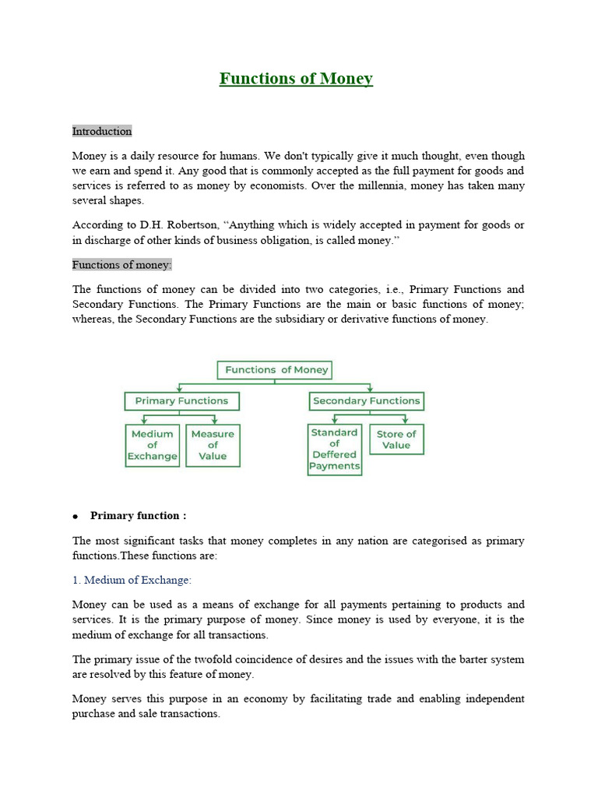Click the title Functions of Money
296,79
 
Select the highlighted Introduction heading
102,131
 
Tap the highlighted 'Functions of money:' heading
121,265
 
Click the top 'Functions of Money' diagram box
276,370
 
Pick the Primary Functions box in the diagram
181,401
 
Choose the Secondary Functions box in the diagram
366,401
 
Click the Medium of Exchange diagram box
153,445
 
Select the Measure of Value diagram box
213,445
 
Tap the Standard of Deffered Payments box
334,449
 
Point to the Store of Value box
396,440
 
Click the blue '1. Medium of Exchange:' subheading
132,580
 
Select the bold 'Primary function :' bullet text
139,516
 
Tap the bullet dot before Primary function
76,517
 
